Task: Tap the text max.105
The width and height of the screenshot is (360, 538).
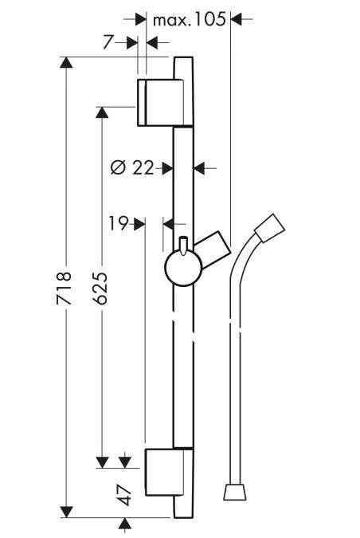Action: (x=189, y=19)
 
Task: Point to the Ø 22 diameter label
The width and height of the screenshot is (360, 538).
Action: (x=131, y=167)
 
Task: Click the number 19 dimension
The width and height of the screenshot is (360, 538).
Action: (x=119, y=224)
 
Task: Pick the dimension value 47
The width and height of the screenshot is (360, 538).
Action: (x=124, y=493)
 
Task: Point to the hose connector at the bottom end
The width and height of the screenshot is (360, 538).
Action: (x=234, y=492)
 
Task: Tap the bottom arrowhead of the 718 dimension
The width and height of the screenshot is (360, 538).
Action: (x=68, y=511)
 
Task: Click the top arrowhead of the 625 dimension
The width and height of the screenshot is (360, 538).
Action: (x=102, y=112)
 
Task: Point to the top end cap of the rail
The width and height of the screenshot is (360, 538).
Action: (x=182, y=68)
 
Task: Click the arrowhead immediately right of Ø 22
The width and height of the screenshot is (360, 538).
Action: (x=167, y=167)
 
